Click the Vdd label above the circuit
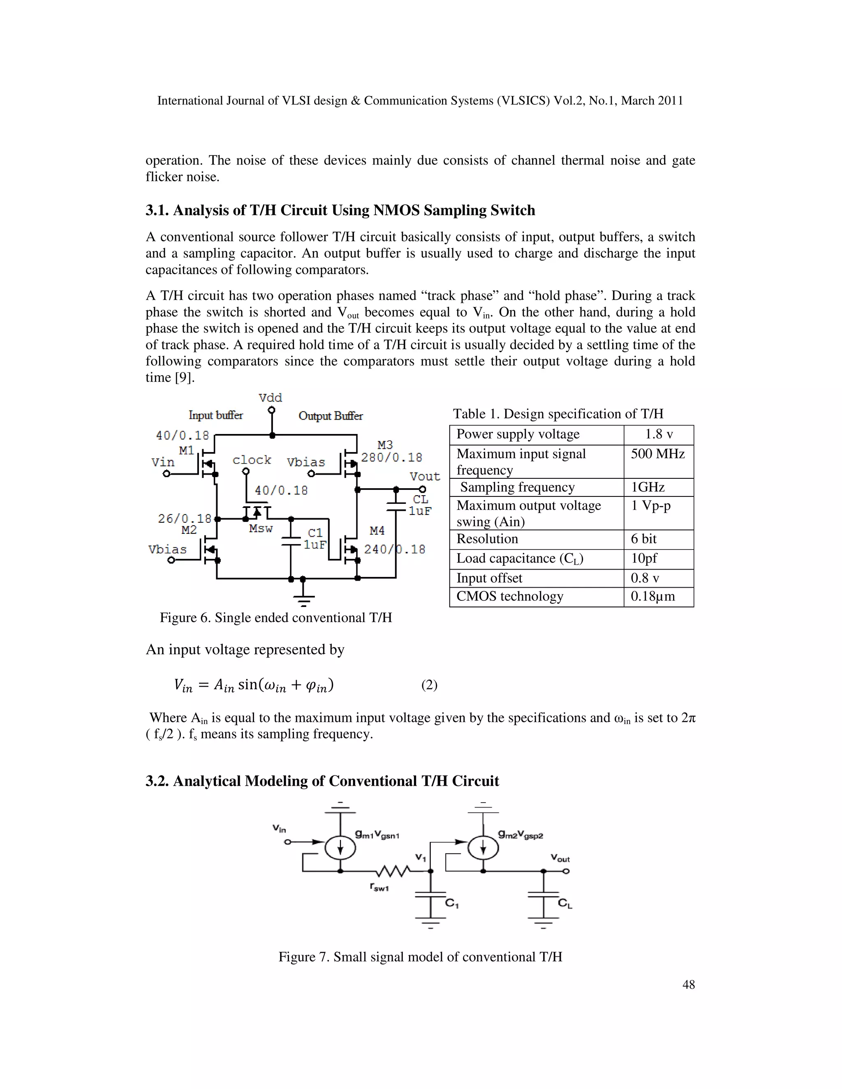[271, 398]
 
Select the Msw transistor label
[261, 528]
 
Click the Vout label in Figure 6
[424, 476]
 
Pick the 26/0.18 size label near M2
[184, 519]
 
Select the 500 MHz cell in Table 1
[657, 454]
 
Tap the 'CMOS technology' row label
[509, 596]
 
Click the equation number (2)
[429, 685]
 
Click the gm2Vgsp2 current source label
[520, 834]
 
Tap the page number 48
[688, 984]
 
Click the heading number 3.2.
[157, 781]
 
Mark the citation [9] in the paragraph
[183, 378]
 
